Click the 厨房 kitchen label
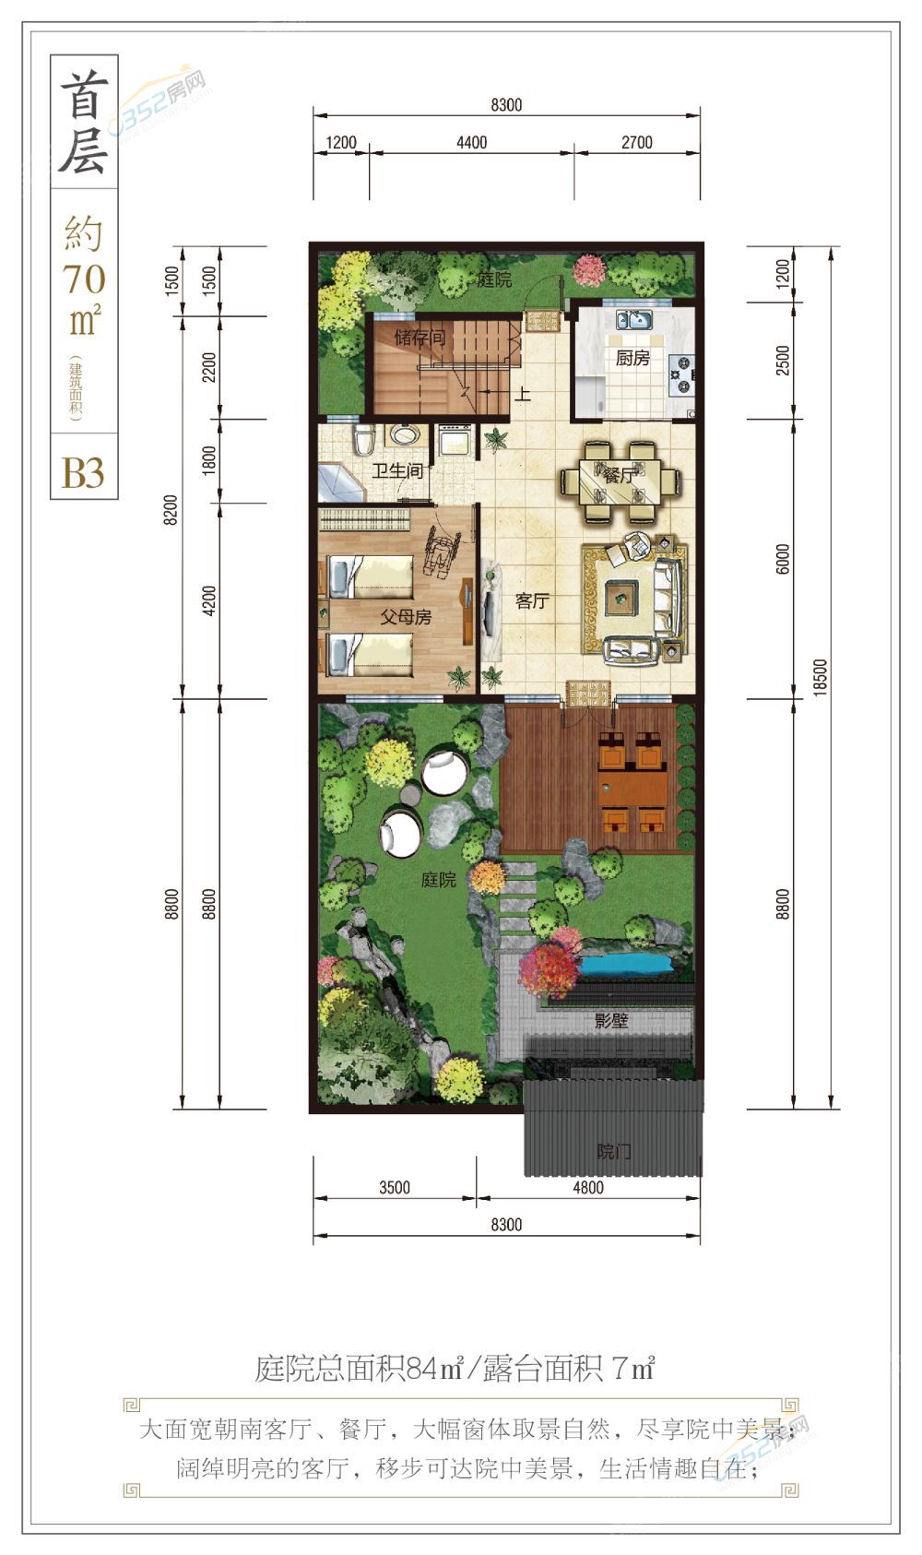[x=632, y=358]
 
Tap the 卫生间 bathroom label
[x=397, y=471]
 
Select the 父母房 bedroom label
[x=406, y=616]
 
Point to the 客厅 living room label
[x=532, y=601]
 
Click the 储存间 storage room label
[x=420, y=338]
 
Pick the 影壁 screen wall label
[x=611, y=1020]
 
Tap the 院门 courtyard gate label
[x=614, y=1152]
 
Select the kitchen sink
[x=634, y=319]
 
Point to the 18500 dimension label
[x=820, y=677]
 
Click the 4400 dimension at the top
[x=472, y=142]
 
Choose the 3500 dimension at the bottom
[x=394, y=1188]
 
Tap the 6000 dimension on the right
[x=783, y=559]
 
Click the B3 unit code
[x=83, y=473]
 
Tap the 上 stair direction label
[x=523, y=395]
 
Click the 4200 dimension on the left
[x=208, y=600]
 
